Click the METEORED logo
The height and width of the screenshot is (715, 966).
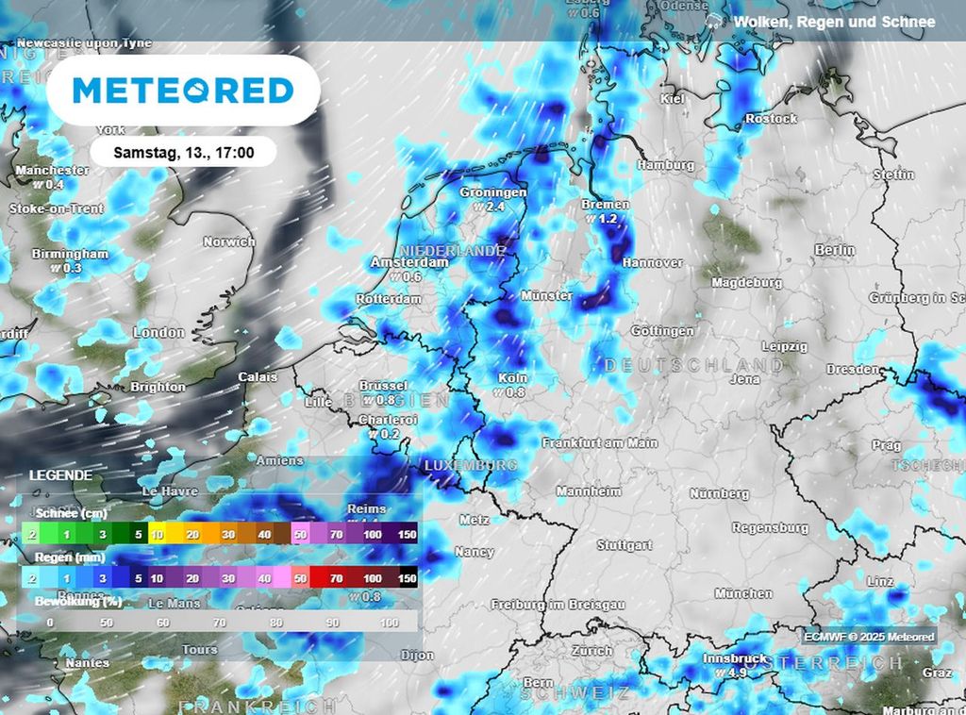pyautogui.click(x=183, y=91)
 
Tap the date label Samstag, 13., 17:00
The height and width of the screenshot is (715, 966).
pyautogui.click(x=183, y=152)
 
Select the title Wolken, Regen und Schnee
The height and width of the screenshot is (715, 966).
pyautogui.click(x=834, y=22)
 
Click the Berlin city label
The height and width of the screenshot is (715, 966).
pyautogui.click(x=835, y=250)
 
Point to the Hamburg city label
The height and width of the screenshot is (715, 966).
pyautogui.click(x=665, y=165)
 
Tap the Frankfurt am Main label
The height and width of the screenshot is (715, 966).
pyautogui.click(x=600, y=442)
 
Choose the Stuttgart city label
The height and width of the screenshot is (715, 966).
pyautogui.click(x=625, y=545)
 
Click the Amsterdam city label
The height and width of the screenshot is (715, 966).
pyautogui.click(x=409, y=262)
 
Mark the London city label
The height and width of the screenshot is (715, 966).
pyautogui.click(x=159, y=332)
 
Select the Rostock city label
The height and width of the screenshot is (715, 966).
pyautogui.click(x=771, y=119)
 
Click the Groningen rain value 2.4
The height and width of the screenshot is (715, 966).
pyautogui.click(x=493, y=207)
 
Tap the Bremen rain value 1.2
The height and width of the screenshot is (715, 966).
pyautogui.click(x=606, y=219)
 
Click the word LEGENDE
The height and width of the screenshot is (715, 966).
pyautogui.click(x=60, y=475)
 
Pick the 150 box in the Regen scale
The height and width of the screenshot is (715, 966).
pyautogui.click(x=407, y=578)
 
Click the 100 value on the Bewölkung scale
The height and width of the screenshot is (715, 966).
pyautogui.click(x=389, y=623)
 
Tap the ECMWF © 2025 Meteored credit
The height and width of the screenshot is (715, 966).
pyautogui.click(x=869, y=637)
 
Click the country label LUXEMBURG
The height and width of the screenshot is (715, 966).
pyautogui.click(x=470, y=466)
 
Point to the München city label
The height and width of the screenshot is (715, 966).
pyautogui.click(x=743, y=593)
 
